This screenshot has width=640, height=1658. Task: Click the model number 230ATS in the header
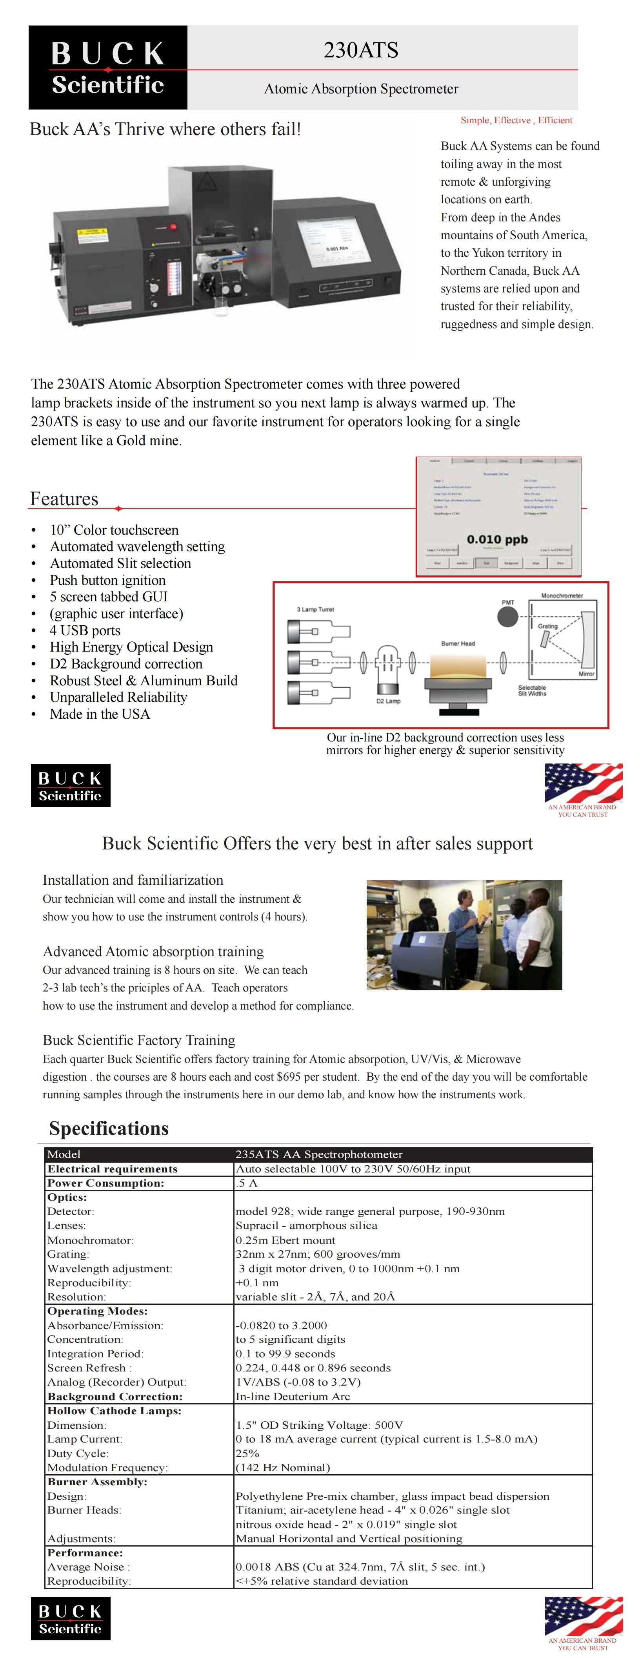360,50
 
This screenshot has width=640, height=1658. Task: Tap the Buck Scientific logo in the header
107,68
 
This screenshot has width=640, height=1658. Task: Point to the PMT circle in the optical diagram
507,616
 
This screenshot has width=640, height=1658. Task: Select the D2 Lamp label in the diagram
388,701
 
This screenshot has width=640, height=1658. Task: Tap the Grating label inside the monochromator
547,626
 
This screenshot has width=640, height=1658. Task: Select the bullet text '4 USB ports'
85,630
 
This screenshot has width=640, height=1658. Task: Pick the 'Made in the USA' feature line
100,714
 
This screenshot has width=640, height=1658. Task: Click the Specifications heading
109,1128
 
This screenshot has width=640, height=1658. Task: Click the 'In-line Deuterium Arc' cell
293,1396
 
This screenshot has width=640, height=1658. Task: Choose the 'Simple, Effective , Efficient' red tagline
516,121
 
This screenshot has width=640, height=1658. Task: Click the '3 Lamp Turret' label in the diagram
315,609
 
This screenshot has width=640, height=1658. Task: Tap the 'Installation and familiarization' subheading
133,880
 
